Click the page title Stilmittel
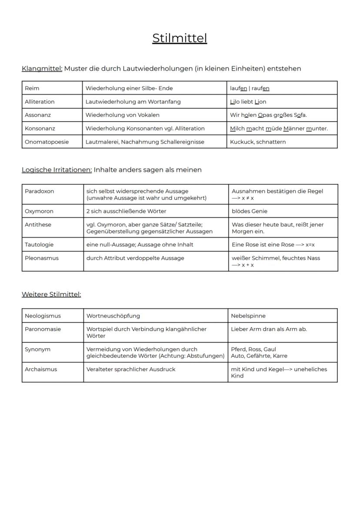pos(180,38)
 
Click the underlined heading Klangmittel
pos(42,69)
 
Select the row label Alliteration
pos(40,102)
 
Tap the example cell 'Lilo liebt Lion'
pos(248,102)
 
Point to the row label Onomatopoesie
pos(47,142)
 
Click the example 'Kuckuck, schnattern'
pos(258,142)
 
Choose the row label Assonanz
pos(38,115)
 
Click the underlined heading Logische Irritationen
pos(57,170)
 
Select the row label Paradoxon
pos(39,191)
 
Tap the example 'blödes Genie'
pos(250,211)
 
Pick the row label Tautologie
pos(39,245)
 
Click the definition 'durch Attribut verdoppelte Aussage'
pos(135,258)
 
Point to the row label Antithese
pos(38,225)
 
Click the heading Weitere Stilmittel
pos(51,295)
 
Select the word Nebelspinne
pos(248,316)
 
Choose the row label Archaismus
pos(41,369)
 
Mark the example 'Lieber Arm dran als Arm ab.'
pos(269,329)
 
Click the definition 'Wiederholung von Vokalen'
pos(123,115)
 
